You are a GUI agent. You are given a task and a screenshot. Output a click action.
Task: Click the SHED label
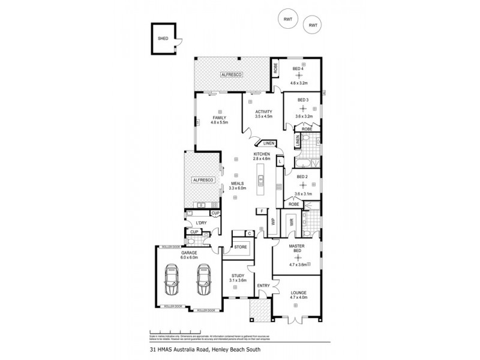(163, 38)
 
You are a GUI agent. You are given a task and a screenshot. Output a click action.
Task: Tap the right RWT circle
(312, 25)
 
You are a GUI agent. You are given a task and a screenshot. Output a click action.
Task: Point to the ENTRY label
(263, 286)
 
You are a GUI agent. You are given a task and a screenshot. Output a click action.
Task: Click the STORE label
(240, 247)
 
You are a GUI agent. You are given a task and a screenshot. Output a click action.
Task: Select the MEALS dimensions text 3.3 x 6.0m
(238, 188)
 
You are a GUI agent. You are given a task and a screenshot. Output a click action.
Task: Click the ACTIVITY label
(264, 112)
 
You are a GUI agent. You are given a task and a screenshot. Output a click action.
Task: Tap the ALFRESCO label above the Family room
(230, 74)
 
